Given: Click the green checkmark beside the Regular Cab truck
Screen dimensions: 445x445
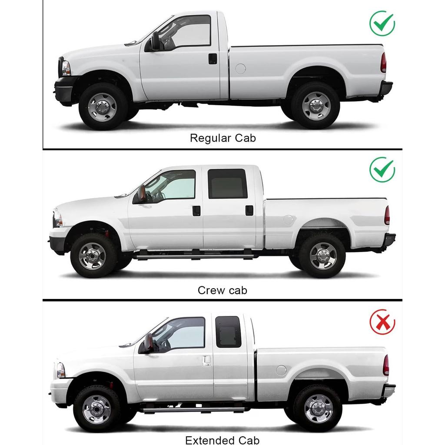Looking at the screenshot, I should [x=382, y=24].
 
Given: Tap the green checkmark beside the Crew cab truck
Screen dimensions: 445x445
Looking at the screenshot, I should [x=382, y=170].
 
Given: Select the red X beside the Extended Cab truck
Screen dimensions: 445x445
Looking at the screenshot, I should [x=382, y=323].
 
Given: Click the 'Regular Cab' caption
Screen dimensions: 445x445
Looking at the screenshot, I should [x=222, y=138].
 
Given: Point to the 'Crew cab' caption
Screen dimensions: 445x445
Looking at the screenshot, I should [x=222, y=290].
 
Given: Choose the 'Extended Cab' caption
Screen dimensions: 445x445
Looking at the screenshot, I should [x=222, y=440].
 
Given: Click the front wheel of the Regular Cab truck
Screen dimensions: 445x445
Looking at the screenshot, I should [x=103, y=106].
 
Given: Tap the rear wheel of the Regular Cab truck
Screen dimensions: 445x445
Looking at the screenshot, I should [x=315, y=106].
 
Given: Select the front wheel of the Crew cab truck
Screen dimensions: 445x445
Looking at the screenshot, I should [x=93, y=256].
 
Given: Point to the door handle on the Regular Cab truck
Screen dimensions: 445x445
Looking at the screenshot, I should [x=213, y=59].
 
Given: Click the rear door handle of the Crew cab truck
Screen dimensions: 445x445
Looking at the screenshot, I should [x=249, y=210].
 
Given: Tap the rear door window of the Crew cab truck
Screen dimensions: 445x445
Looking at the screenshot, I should [x=227, y=184].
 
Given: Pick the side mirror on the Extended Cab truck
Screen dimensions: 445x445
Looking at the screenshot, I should [x=148, y=343].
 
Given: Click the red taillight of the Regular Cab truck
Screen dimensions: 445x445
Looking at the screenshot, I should [x=383, y=63].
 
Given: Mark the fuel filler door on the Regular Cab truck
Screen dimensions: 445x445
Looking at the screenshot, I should [x=240, y=68].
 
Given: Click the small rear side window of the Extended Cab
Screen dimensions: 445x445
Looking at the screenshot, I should [x=228, y=332].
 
